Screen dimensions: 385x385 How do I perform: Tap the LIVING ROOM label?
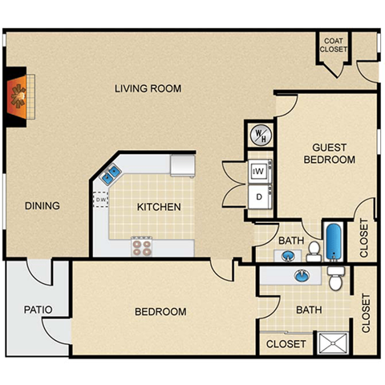point(147,88)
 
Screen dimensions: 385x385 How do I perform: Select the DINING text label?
point(42,206)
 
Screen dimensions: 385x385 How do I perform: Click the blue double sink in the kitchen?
point(111,172)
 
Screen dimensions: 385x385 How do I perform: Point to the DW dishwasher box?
point(100,200)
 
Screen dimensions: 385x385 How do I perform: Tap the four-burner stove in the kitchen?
point(142,245)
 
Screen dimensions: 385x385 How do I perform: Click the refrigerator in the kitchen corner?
point(183,164)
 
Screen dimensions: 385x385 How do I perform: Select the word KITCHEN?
point(159,207)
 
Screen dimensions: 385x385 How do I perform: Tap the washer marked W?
point(260,171)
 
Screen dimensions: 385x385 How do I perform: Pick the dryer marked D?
point(260,195)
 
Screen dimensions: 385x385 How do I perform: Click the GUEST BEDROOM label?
point(328,153)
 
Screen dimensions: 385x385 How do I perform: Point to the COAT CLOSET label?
point(334,45)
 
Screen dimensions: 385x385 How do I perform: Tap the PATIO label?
point(38,307)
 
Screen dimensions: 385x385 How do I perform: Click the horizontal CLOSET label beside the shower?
point(286,344)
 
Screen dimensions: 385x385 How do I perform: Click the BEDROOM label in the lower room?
point(160,311)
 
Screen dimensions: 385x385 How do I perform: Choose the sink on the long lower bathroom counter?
point(302,276)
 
